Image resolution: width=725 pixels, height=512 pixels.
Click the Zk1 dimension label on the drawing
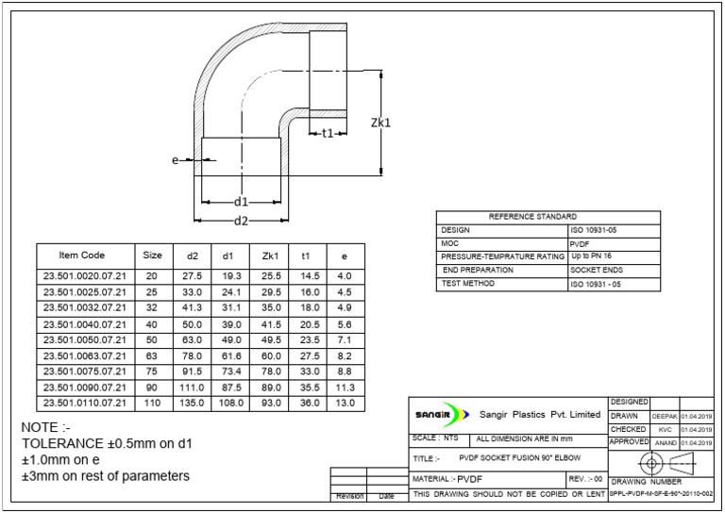pos(380,123)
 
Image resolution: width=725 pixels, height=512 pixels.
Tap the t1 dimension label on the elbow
pos(328,133)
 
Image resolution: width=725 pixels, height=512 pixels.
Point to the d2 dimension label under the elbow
pos(241,221)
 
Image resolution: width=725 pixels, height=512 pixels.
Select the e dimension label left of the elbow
pos(176,160)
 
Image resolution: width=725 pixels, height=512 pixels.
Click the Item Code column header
pos(82,256)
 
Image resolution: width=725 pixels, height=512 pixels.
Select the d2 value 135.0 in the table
pos(194,403)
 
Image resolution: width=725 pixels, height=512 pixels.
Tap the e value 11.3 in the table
pos(344,387)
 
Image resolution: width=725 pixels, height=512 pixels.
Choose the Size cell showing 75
pos(152,371)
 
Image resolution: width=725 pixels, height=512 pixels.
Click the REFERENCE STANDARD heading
pos(548,217)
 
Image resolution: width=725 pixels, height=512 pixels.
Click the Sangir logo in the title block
pos(443,415)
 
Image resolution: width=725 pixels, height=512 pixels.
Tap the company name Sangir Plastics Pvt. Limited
pos(540,415)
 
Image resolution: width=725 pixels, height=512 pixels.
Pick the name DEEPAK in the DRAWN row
pos(665,416)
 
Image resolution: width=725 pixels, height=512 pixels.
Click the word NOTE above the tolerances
pos(40,428)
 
